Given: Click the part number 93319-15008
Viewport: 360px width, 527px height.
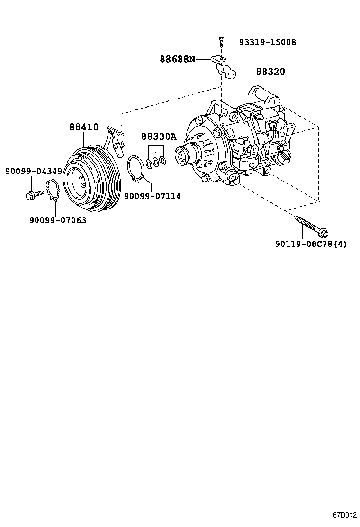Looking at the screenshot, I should click(x=267, y=42).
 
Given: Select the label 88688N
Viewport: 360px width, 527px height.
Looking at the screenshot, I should click(x=177, y=59).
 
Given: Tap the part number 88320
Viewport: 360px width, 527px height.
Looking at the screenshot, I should click(x=270, y=72).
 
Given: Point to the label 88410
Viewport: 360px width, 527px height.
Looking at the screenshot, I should click(x=83, y=127).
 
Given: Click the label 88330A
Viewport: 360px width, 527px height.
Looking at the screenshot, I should click(x=158, y=137).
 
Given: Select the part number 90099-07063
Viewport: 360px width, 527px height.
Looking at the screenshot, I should click(x=58, y=220).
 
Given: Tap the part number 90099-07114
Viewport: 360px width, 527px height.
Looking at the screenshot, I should click(x=152, y=196).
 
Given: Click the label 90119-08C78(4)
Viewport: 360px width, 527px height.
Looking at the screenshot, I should click(x=311, y=244).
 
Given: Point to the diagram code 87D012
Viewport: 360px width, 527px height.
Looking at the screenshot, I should click(x=344, y=515).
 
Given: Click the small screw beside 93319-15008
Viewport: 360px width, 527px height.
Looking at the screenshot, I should click(x=221, y=42).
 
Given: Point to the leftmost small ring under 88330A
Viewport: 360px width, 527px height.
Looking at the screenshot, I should click(x=149, y=164).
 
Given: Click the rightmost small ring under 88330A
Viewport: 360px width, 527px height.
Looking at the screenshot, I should click(x=163, y=161).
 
